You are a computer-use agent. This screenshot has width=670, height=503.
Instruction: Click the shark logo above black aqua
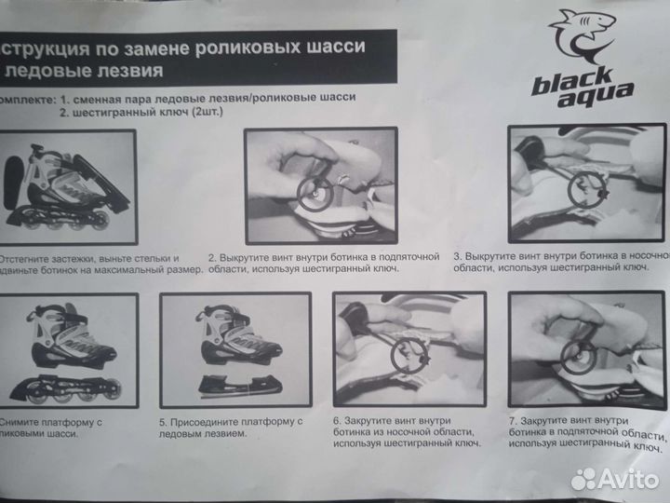(x=582, y=37)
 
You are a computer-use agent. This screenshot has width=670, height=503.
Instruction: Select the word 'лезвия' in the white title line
(x=129, y=71)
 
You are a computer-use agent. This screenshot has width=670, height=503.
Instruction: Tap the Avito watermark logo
(x=614, y=478)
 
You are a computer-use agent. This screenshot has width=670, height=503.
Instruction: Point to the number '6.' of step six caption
(x=337, y=421)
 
